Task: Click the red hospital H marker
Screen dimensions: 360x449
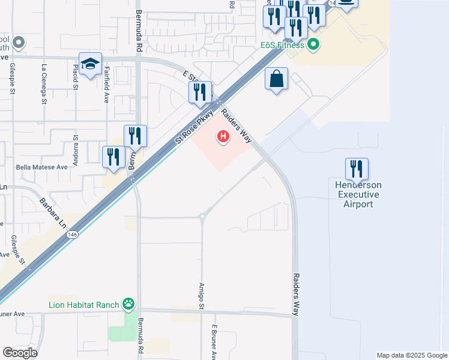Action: click(223, 137)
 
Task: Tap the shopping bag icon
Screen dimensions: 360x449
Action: click(276, 79)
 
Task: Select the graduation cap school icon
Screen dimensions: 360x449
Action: click(90, 64)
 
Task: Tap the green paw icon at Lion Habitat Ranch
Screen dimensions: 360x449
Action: click(128, 304)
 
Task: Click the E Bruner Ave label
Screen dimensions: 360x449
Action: click(213, 343)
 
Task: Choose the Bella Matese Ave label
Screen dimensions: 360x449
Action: click(43, 167)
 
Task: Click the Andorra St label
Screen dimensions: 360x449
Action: click(76, 148)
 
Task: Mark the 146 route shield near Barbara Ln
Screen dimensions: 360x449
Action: click(73, 234)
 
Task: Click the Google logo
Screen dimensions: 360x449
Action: click(20, 353)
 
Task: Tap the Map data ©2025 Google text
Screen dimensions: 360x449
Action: click(412, 355)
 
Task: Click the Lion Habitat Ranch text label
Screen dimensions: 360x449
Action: click(84, 304)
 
